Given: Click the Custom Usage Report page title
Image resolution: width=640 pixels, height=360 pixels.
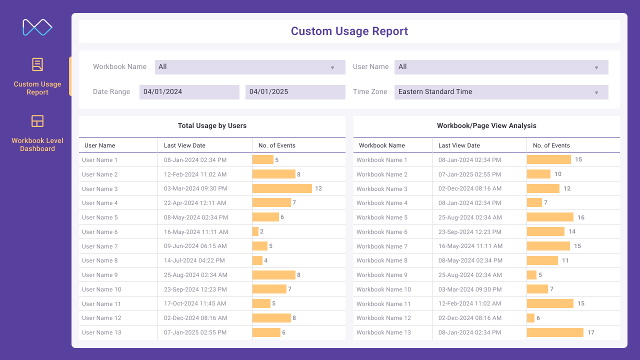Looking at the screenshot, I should (349, 31).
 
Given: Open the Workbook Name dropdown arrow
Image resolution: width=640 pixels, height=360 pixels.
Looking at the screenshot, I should (332, 67).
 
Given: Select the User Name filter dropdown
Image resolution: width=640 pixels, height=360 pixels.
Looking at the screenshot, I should (501, 67).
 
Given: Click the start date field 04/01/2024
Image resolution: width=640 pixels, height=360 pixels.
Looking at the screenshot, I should (189, 92).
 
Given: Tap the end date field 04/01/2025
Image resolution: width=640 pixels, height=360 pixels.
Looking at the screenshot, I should (295, 92).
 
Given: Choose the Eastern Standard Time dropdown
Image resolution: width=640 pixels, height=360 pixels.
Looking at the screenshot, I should (501, 92).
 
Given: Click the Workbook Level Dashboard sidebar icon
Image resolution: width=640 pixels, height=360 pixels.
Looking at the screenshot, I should (37, 121).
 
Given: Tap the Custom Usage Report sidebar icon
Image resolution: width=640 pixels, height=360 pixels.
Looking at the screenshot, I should (37, 64).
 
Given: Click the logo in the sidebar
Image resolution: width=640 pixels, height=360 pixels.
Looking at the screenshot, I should (37, 27).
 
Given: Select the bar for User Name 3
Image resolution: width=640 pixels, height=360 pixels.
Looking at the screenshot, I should (282, 188).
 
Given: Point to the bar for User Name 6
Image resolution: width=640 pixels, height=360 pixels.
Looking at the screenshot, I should (255, 231).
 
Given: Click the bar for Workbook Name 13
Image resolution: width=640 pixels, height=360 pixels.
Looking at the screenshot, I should (555, 332).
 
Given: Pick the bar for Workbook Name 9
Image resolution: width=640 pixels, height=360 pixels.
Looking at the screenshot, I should (531, 275).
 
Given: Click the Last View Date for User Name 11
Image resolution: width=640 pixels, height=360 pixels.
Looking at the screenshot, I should (195, 303).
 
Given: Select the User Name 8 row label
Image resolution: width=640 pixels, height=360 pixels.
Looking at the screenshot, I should (100, 260).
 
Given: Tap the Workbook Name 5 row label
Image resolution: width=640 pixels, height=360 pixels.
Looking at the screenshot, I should (382, 217).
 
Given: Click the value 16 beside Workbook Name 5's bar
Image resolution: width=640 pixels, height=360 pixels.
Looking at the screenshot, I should (581, 217).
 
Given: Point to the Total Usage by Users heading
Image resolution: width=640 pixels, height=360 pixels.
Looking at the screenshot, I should (212, 126).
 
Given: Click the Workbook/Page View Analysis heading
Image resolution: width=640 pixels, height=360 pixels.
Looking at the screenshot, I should (486, 126).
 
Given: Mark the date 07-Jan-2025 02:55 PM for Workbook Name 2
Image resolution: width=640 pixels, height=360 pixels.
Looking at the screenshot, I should (470, 174).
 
